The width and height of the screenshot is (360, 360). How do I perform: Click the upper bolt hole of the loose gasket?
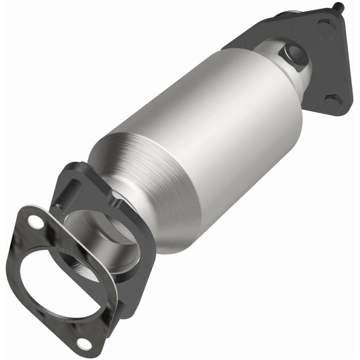(x=34, y=220)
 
